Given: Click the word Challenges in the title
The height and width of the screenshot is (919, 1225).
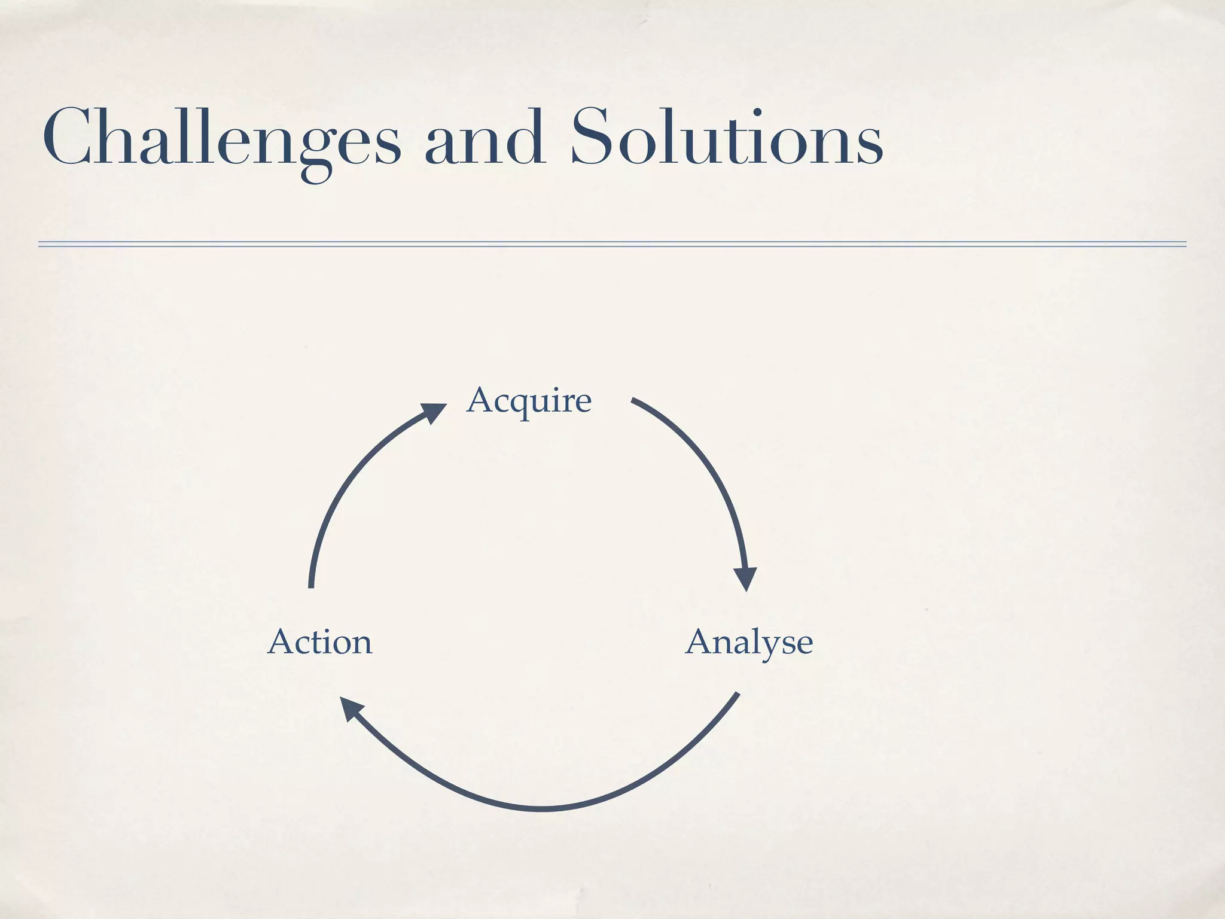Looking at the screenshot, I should coord(221,139).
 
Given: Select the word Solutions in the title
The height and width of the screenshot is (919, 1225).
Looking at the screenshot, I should coord(727,139).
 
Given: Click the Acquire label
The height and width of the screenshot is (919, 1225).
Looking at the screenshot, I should coord(529,400).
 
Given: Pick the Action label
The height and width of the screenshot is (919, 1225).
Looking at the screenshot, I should coord(320,643).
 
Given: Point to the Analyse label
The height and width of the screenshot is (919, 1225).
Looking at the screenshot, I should coord(749,643).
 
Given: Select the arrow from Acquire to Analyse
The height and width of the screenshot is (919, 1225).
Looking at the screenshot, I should coord(712,473).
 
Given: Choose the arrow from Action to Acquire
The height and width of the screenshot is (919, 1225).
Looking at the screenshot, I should coord(347,479).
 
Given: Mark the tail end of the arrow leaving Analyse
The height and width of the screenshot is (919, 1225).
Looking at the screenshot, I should coord(737,695).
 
